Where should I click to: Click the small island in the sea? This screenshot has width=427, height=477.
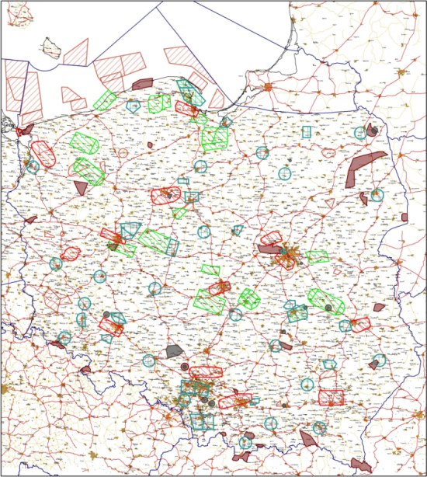[x=53, y=48]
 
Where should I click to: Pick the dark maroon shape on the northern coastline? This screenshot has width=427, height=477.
[x=143, y=83]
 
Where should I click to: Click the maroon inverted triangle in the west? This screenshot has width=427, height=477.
[x=82, y=187]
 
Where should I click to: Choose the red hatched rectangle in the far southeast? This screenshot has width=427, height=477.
[x=332, y=397]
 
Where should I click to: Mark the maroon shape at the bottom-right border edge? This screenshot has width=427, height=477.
[x=359, y=464]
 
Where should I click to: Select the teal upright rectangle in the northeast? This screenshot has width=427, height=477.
[x=307, y=131]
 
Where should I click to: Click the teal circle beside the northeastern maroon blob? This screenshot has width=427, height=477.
[x=359, y=133]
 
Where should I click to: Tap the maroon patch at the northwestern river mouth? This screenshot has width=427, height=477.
[x=27, y=129]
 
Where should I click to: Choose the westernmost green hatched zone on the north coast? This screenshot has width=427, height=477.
[x=104, y=99]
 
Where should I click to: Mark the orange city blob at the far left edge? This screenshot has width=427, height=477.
[x=5, y=388]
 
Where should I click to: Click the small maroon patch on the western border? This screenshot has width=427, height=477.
[x=30, y=220]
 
